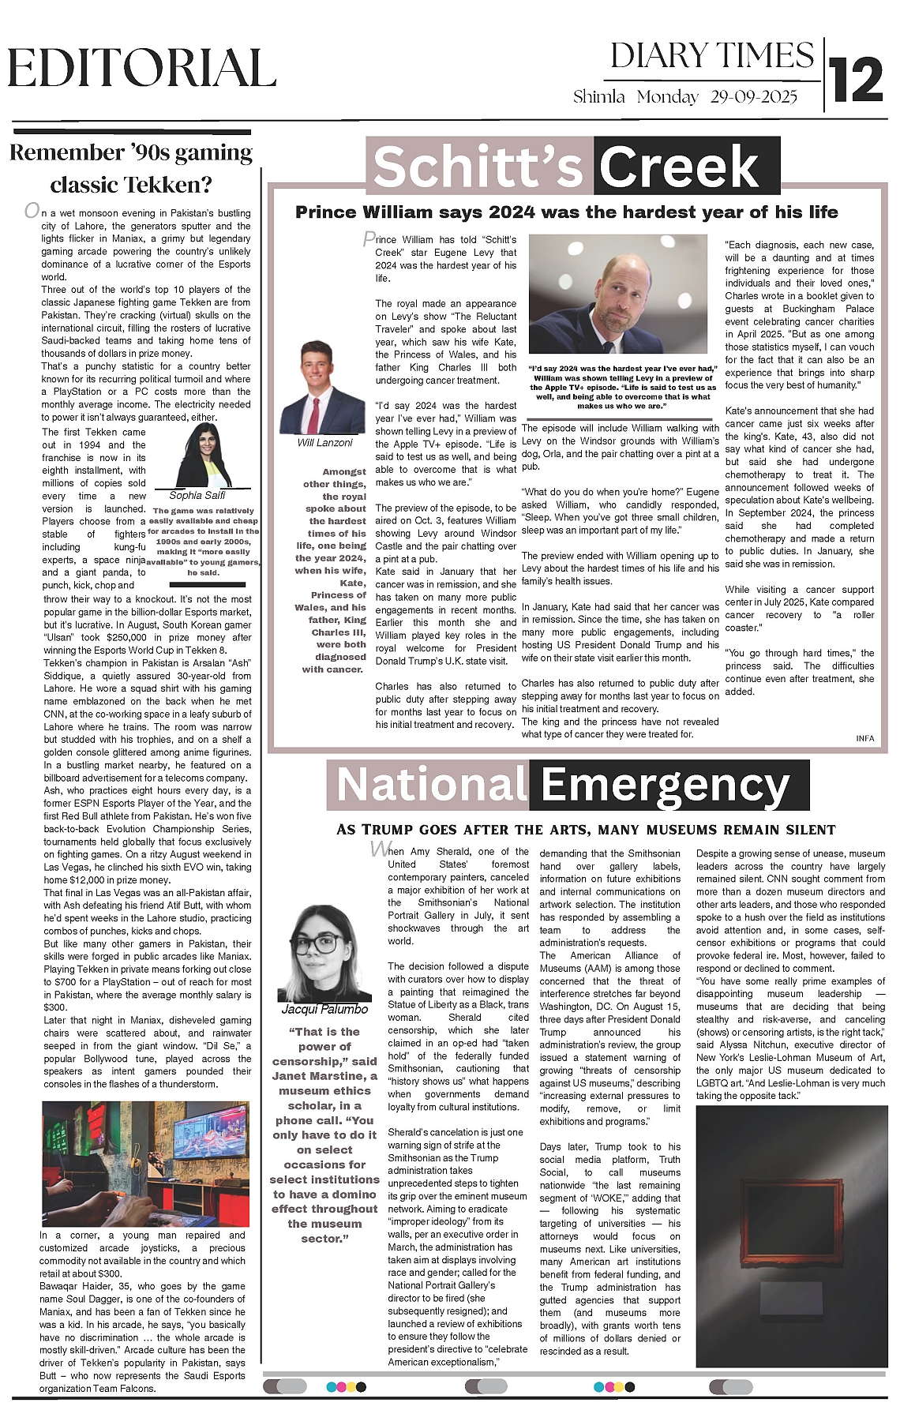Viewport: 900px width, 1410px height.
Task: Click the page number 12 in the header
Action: (857, 80)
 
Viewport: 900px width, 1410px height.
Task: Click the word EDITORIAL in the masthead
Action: (142, 69)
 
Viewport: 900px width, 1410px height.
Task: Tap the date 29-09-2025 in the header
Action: (753, 97)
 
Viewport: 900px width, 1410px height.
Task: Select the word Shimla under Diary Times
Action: (599, 97)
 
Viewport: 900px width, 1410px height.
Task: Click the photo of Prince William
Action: (619, 296)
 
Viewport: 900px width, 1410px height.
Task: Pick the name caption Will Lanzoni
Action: (324, 443)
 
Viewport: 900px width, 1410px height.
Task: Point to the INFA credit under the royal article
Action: (864, 738)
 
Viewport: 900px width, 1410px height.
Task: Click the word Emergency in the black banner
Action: (665, 785)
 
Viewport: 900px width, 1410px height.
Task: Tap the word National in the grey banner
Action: (431, 785)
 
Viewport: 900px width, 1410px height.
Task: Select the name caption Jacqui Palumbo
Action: (324, 1009)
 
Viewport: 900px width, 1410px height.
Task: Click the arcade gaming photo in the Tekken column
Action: (144, 1163)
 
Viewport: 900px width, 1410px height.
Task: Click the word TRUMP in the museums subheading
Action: (392, 830)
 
